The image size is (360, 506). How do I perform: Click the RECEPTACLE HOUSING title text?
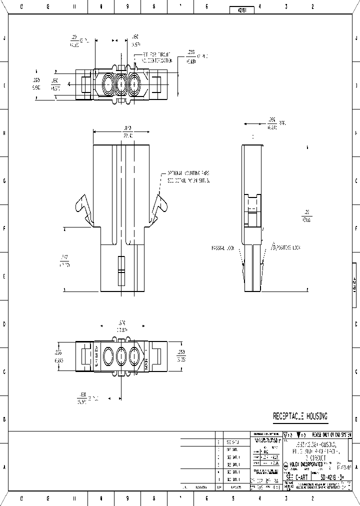[300, 416]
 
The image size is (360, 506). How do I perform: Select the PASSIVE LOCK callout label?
[222, 247]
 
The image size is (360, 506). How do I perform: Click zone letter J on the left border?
[4, 38]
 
